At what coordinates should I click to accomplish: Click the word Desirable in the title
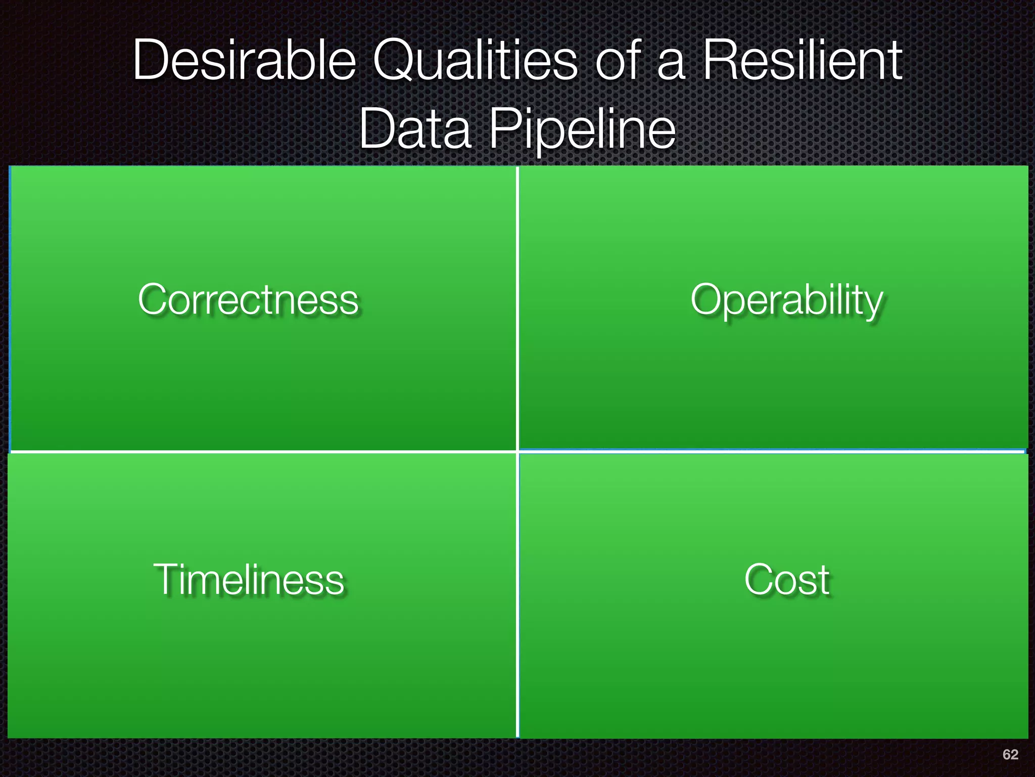click(x=245, y=61)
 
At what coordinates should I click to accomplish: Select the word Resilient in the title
click(x=803, y=61)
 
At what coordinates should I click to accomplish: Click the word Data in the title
click(x=415, y=129)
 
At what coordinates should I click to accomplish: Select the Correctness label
click(x=248, y=299)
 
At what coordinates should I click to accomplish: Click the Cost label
click(x=787, y=580)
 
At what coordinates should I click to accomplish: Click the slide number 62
click(x=1010, y=754)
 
